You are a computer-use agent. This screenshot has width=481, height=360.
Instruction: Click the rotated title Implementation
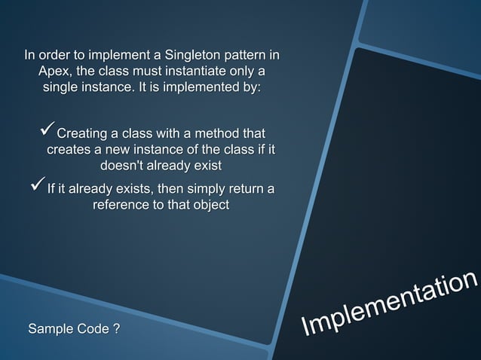[389, 305]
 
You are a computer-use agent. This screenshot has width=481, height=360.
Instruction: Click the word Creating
[83, 134]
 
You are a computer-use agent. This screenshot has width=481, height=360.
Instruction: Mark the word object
[210, 205]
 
